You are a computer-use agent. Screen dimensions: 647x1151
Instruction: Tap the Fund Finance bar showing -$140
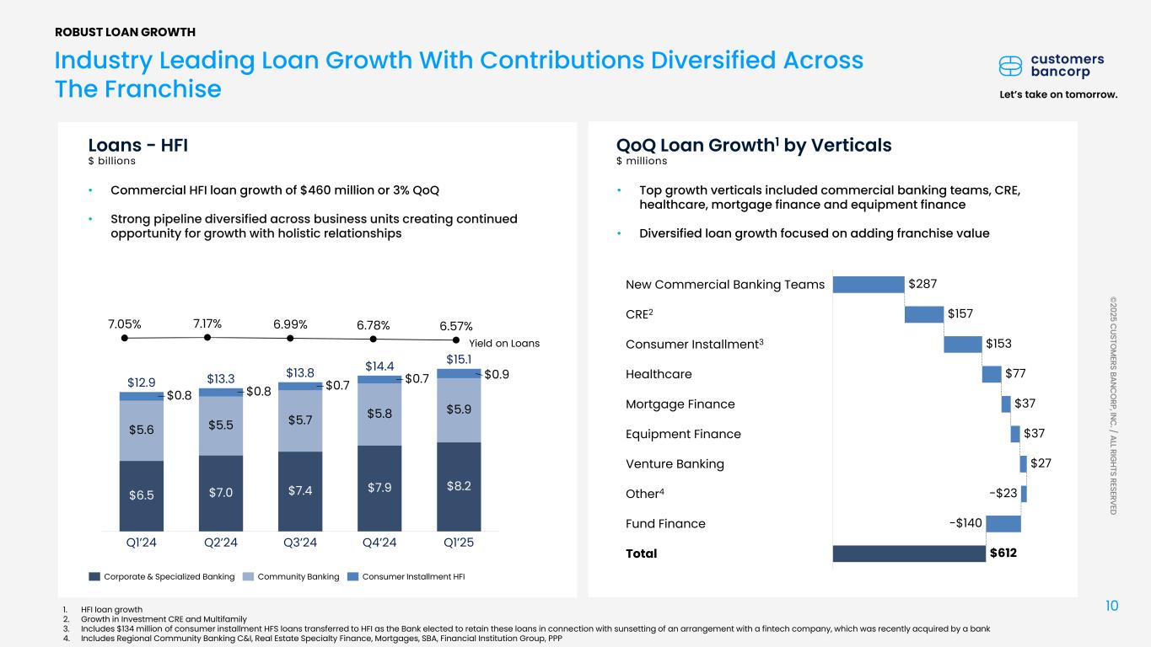(1003, 523)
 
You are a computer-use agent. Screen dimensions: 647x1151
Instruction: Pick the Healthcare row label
(659, 374)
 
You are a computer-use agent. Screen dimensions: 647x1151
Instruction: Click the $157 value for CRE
(960, 313)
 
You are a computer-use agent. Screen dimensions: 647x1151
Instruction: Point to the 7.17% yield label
(207, 323)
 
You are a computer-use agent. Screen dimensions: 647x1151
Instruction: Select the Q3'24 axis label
(300, 543)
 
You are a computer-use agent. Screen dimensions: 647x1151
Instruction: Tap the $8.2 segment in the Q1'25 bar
(458, 486)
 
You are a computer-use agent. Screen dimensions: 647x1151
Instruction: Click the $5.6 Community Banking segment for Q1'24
(142, 430)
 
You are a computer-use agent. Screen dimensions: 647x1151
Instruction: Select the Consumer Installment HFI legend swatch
(353, 577)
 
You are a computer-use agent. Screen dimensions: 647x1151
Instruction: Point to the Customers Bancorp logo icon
(1010, 66)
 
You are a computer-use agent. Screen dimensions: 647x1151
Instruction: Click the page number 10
(1111, 606)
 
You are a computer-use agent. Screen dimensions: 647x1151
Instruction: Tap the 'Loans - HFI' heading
(138, 145)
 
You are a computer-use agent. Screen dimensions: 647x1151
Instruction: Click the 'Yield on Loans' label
(504, 344)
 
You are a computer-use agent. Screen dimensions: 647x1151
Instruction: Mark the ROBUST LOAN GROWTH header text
(125, 32)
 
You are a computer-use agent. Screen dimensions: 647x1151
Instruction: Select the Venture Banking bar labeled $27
(1023, 463)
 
